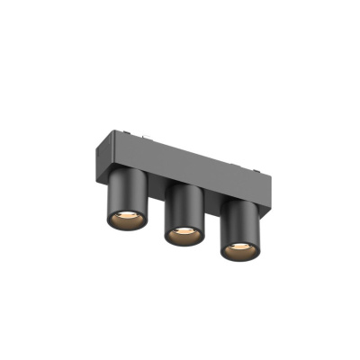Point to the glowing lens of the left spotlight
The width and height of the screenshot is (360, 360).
121,218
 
